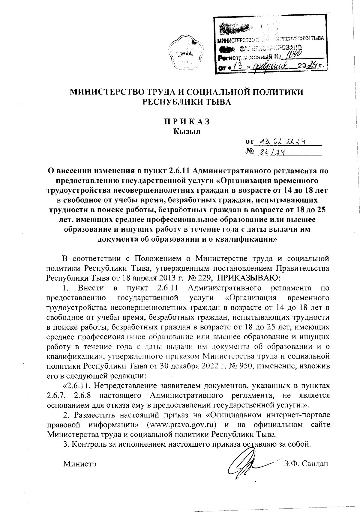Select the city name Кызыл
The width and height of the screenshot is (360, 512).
click(x=186, y=131)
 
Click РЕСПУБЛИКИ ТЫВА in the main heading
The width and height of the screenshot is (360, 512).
click(x=186, y=102)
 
